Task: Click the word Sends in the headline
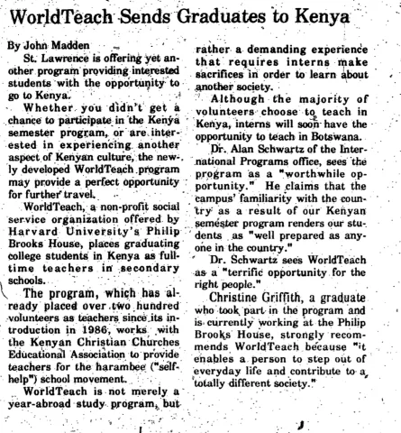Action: [151, 18]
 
